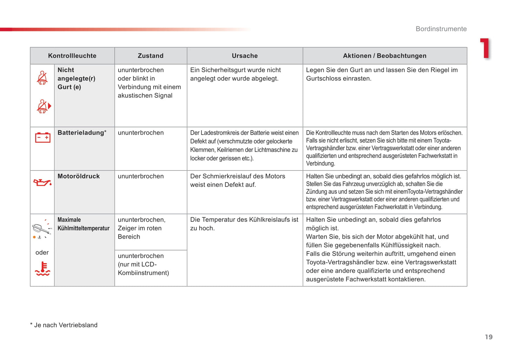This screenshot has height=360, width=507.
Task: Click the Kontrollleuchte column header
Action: [72, 56]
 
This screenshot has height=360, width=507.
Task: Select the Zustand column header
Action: [151, 56]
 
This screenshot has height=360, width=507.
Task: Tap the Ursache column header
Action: [245, 56]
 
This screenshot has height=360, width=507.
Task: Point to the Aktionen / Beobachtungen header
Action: [385, 56]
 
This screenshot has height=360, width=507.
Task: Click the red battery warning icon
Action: [42, 137]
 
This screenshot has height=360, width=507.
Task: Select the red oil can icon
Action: [42, 182]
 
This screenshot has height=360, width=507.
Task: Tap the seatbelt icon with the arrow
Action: [44, 106]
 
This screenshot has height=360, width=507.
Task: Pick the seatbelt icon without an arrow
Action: [42, 78]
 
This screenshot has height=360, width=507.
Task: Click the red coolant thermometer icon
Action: [42, 268]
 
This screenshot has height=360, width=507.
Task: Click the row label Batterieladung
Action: [81, 133]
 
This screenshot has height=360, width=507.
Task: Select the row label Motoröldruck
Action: [79, 176]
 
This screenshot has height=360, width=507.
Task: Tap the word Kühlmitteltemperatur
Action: [84, 228]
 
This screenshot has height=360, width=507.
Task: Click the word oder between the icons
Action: [42, 253]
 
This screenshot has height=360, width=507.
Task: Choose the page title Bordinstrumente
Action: [441, 29]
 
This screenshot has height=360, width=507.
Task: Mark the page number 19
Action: [489, 337]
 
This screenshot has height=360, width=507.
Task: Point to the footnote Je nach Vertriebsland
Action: [65, 325]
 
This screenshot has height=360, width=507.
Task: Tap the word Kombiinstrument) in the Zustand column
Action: [143, 273]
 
